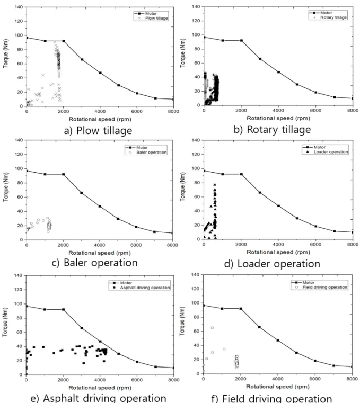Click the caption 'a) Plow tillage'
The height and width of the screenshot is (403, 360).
tap(98, 131)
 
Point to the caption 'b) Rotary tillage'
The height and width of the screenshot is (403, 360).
tap(272, 130)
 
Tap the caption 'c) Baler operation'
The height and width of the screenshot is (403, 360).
tap(95, 263)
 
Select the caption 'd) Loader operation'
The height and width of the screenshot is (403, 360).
tap(272, 264)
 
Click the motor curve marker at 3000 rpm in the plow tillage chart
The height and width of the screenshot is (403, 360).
tap(82, 59)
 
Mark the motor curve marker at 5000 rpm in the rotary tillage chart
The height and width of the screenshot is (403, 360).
tap(297, 84)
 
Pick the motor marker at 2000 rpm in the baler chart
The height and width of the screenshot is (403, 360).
tap(63, 174)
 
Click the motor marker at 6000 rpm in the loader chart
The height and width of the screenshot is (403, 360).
tap(315, 226)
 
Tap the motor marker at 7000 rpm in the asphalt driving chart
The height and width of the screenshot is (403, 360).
tap(155, 366)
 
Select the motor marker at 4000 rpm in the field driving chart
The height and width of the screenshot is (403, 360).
tap(278, 341)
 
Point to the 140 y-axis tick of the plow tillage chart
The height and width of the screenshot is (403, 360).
tap(19, 7)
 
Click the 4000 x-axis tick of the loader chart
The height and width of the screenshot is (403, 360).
tap(278, 244)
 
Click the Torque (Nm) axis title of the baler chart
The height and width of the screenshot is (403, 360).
tap(6, 187)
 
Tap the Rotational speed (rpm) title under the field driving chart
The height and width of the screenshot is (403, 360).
tap(278, 387)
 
